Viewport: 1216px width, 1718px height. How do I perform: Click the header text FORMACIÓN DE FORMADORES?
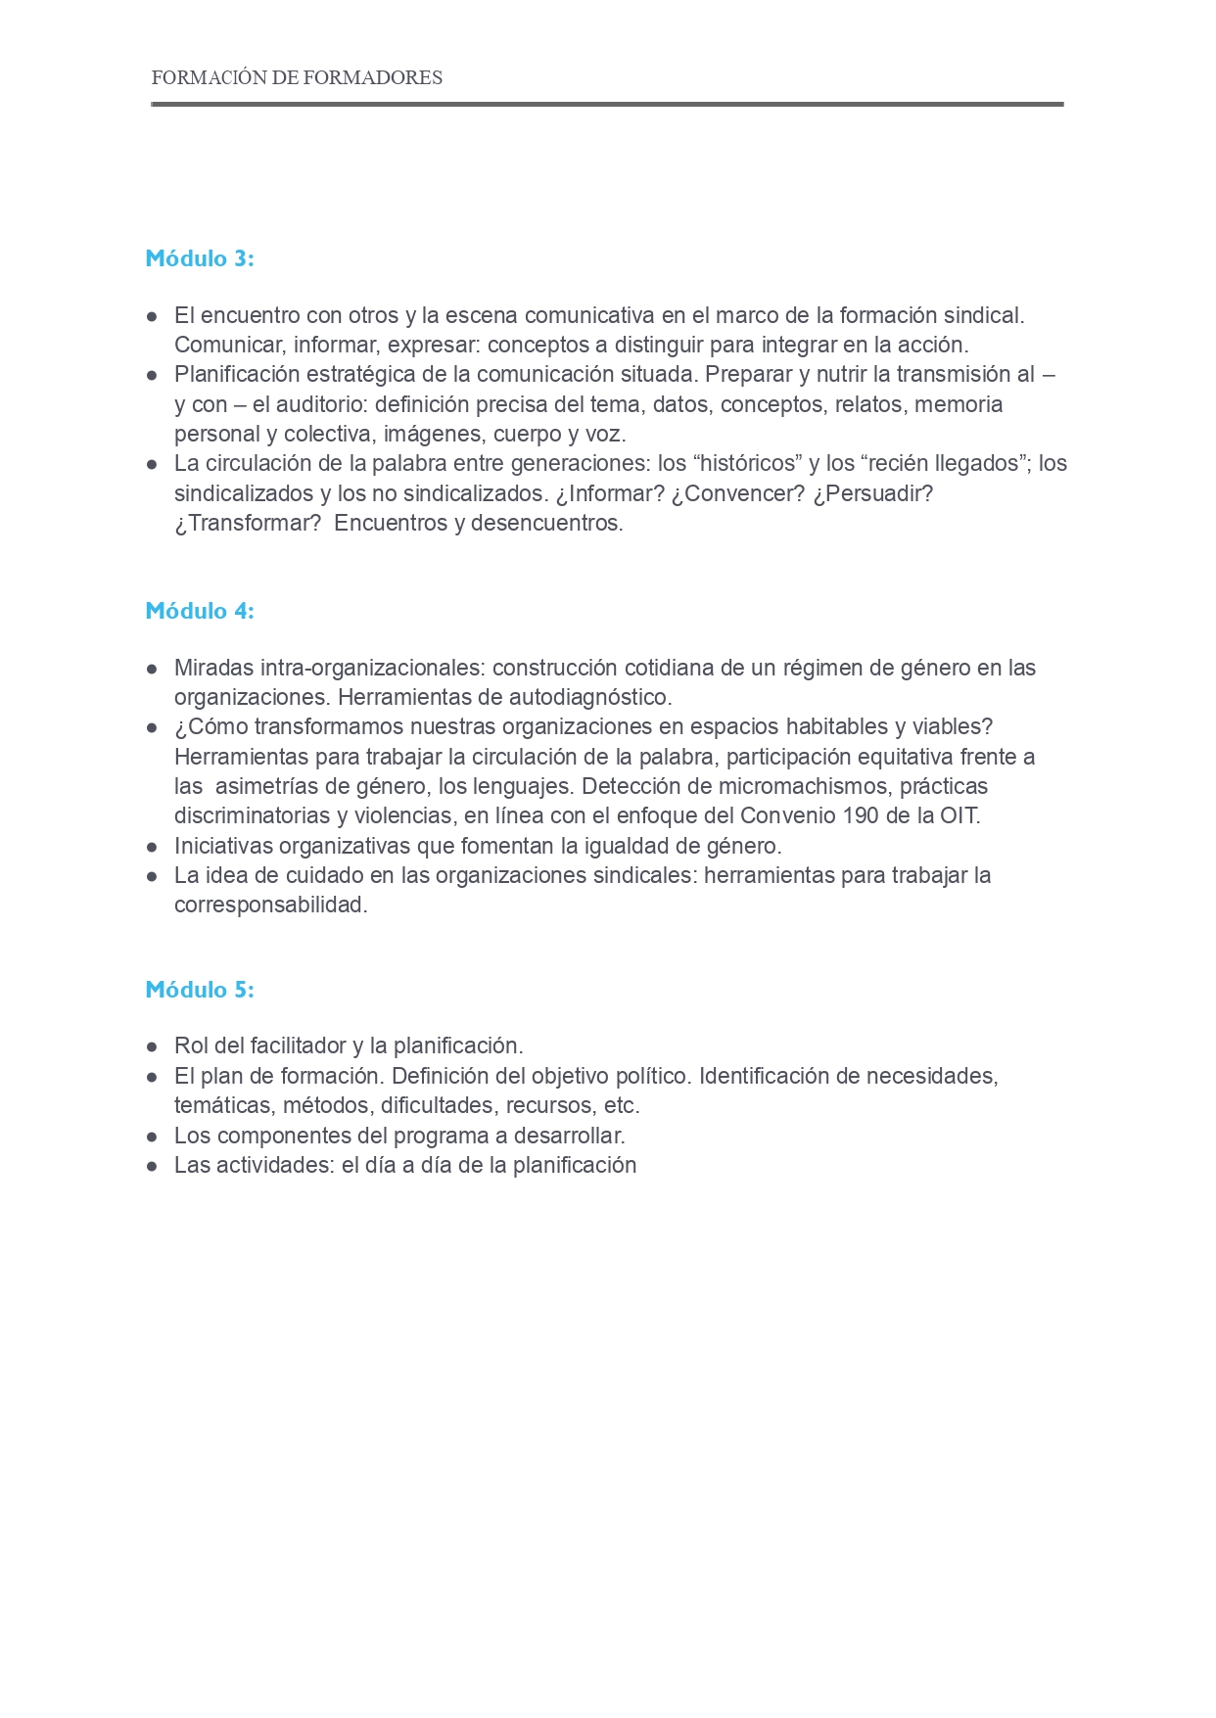tap(297, 78)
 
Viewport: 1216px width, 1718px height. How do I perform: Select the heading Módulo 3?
tap(200, 258)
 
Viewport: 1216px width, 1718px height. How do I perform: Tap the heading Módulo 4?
tap(200, 611)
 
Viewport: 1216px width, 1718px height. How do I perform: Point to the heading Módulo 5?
tap(200, 990)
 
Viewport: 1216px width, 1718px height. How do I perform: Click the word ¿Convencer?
tap(737, 493)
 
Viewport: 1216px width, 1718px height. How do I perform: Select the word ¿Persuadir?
tap(873, 493)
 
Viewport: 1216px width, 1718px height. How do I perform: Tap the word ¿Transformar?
tap(248, 523)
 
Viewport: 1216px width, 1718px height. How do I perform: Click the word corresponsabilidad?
tap(270, 905)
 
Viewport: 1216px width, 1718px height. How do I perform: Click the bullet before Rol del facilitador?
tap(152, 1046)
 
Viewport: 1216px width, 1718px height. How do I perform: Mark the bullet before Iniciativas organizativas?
tap(152, 847)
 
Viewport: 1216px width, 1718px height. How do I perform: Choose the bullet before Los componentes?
tap(152, 1137)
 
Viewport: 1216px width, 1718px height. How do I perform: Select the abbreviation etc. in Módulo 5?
tap(622, 1106)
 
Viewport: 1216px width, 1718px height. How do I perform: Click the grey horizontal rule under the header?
tap(607, 104)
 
